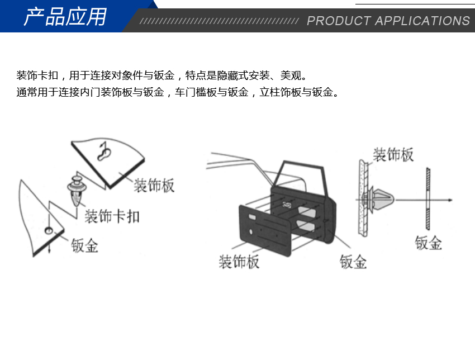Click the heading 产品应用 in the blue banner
pos(65,17)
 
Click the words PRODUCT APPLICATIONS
pos(388,21)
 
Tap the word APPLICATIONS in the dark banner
pos(422,21)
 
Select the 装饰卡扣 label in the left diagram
pos(112,216)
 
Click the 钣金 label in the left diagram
pos(85,245)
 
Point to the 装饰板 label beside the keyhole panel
pos(154,185)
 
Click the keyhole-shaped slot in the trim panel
pos(104,151)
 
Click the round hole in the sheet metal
pos(49,231)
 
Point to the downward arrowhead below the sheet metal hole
pos(49,251)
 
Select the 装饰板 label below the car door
pos(239,262)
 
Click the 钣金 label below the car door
pos(353,262)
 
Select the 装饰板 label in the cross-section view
pos(393,154)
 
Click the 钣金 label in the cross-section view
pos(429,243)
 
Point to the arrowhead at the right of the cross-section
pos(450,200)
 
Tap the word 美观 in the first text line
pos(291,75)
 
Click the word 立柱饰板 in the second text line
pos(281,92)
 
